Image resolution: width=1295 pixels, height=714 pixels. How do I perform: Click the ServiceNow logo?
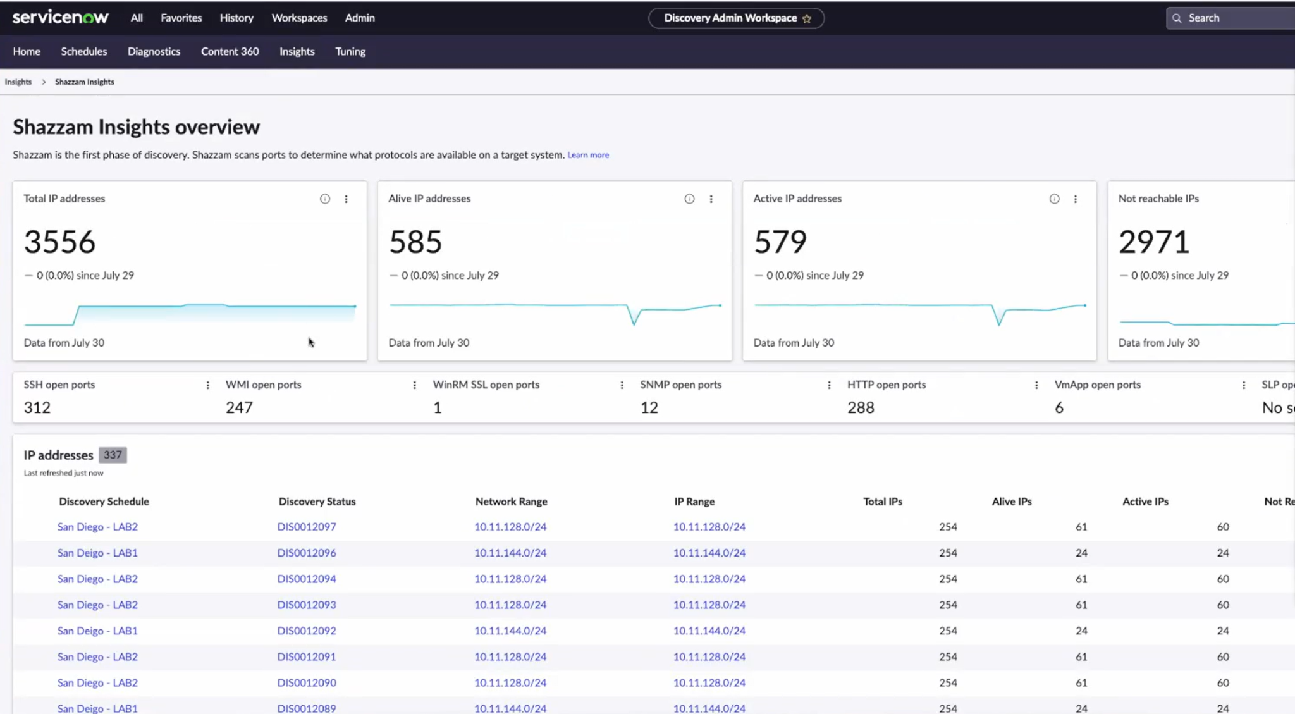(60, 17)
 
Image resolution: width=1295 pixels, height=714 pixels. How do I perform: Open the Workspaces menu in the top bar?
(299, 18)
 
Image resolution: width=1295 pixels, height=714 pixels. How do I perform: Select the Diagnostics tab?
(154, 51)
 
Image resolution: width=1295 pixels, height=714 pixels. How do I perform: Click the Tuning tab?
(350, 51)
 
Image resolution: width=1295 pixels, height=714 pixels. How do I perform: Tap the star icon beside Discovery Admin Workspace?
(807, 18)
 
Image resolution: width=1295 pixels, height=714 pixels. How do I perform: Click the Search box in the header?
(1233, 18)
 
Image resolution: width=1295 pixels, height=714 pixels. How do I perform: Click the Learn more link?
(588, 155)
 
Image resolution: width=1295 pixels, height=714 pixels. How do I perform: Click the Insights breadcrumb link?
(18, 82)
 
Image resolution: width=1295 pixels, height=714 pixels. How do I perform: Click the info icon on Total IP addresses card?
(325, 199)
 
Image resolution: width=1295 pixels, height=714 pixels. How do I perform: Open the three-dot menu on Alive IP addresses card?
(711, 199)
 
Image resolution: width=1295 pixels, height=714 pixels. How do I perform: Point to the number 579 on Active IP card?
(780, 242)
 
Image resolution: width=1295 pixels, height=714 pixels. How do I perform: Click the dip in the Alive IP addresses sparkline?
(634, 321)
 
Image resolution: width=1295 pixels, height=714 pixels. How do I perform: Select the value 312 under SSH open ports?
(37, 407)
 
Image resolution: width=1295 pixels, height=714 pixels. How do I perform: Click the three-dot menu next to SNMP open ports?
(829, 385)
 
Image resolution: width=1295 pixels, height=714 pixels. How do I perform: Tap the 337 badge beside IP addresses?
(113, 455)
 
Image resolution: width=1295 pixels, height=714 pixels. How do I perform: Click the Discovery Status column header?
(317, 501)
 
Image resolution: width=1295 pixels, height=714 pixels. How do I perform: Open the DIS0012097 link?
(307, 526)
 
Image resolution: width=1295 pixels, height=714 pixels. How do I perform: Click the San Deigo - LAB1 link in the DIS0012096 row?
(97, 552)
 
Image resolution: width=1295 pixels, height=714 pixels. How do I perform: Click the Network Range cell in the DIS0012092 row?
(510, 631)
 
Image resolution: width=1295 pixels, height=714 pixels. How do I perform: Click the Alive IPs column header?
(1011, 501)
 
